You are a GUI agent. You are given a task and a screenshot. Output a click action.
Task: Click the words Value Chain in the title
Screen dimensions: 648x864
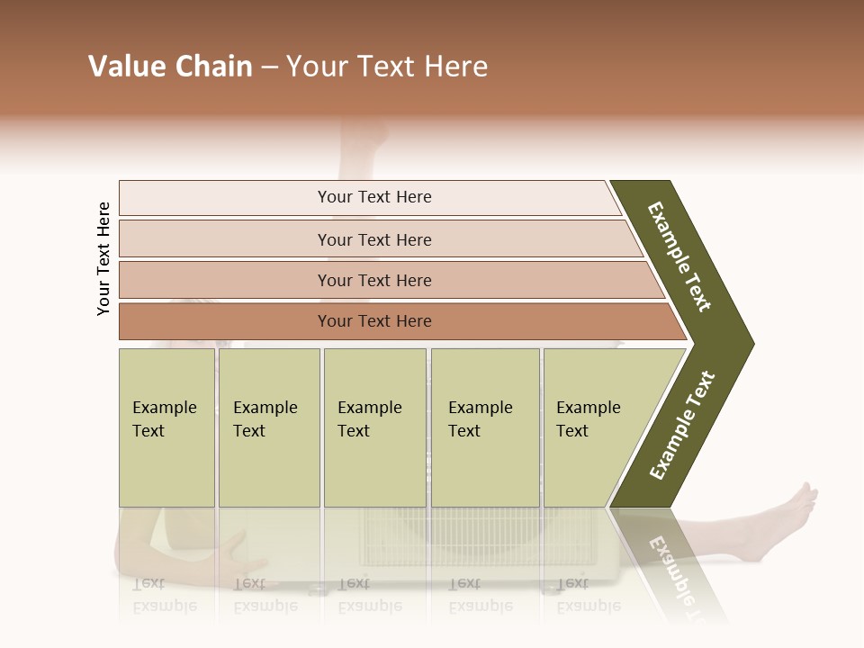(170, 67)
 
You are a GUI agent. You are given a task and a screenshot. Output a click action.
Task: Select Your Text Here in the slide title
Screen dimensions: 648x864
(387, 67)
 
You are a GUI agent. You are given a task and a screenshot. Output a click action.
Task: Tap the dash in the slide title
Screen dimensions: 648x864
(269, 68)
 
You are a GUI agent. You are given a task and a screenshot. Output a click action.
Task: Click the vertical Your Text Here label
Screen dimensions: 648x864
(104, 258)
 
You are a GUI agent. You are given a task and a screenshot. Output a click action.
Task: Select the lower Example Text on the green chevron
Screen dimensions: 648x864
(682, 426)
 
